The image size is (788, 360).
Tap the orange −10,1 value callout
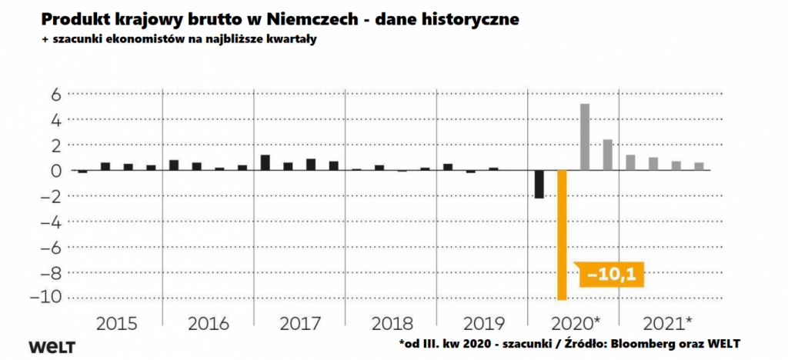pos(608,272)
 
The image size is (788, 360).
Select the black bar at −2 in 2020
pos(539,185)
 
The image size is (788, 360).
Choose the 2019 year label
pos(481,322)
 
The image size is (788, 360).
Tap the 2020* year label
pos(575,322)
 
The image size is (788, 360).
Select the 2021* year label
pos(666,322)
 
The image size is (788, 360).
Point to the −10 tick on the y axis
pos(48,297)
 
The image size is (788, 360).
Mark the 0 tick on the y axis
pos(55,171)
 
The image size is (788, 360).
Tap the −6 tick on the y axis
pos(51,247)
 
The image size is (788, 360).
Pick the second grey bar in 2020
pos(607,155)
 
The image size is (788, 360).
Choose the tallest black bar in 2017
pos(265,162)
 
